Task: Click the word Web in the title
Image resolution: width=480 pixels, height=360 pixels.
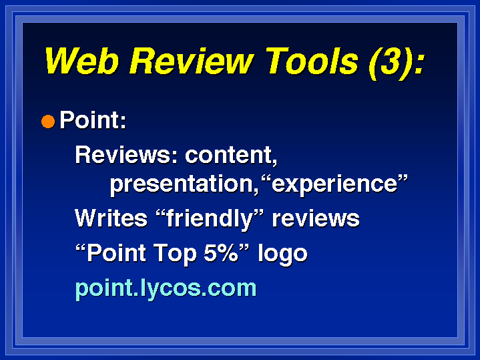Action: (x=81, y=61)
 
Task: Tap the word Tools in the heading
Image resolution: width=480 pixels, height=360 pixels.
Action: (x=312, y=61)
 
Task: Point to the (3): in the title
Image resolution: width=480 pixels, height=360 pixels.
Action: (x=397, y=63)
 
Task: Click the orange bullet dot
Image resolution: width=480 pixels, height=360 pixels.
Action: (x=48, y=122)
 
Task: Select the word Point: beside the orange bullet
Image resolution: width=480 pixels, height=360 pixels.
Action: (x=93, y=120)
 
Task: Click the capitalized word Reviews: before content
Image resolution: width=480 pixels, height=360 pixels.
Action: (x=126, y=154)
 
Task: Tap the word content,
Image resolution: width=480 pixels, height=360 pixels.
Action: (x=231, y=156)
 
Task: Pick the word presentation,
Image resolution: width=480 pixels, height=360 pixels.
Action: (x=184, y=185)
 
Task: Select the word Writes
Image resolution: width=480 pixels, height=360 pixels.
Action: (x=111, y=218)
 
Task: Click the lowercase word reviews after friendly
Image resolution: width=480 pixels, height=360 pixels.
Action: (x=316, y=219)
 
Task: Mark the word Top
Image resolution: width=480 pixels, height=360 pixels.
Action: (x=175, y=254)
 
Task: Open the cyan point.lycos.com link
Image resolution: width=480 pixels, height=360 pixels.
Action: (x=166, y=289)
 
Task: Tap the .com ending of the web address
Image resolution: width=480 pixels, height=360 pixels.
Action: (x=229, y=289)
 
